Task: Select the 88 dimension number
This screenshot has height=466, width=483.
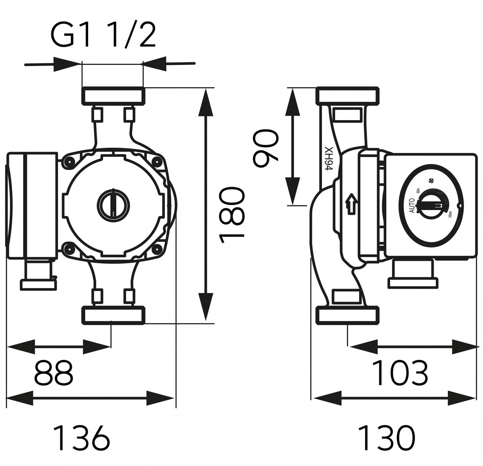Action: pos(54,372)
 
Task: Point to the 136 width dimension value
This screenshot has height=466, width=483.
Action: pos(82,437)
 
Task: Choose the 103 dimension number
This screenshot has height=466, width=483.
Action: pos(400,372)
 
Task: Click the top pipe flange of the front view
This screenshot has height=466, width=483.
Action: pos(113,96)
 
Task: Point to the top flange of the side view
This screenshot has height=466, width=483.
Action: pos(348,96)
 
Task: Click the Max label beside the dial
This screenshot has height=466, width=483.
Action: pos(450,214)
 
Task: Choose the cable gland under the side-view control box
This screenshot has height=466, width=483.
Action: pos(413,274)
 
